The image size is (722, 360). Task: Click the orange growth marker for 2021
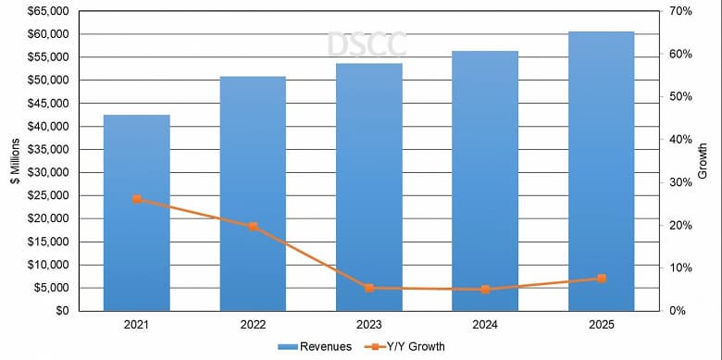[x=137, y=199]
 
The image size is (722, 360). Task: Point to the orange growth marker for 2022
[x=253, y=227]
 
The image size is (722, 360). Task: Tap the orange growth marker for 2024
[x=485, y=290]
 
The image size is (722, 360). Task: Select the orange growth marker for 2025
[x=602, y=279]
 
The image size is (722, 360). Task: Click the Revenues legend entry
[x=315, y=347]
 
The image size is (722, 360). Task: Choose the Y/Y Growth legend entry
[x=407, y=347]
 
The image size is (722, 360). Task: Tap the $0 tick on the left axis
[x=62, y=311]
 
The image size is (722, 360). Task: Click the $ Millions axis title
[x=14, y=161]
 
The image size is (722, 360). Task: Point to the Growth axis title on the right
[x=703, y=161]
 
